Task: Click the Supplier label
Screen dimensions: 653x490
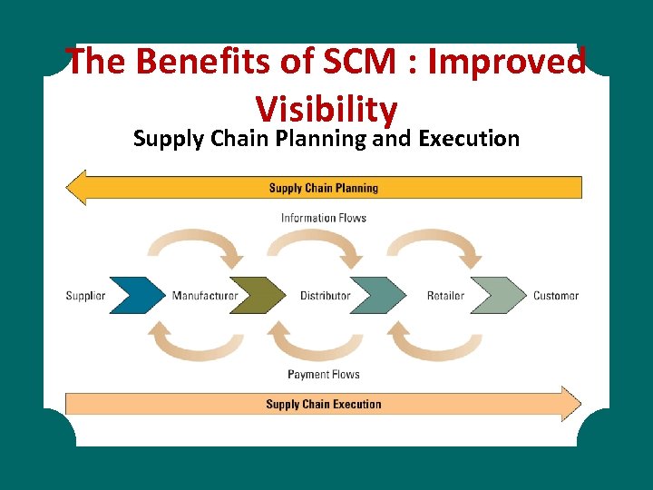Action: click(85, 296)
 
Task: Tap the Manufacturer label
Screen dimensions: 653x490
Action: click(205, 296)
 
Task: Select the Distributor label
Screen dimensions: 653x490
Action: click(325, 296)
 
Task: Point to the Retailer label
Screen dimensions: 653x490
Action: click(445, 296)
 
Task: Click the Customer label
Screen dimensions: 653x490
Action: click(556, 296)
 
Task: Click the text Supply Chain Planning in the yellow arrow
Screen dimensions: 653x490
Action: click(324, 189)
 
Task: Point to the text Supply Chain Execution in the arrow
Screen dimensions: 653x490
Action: click(324, 405)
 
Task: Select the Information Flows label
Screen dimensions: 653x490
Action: click(324, 218)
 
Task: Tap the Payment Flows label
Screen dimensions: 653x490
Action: click(324, 375)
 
